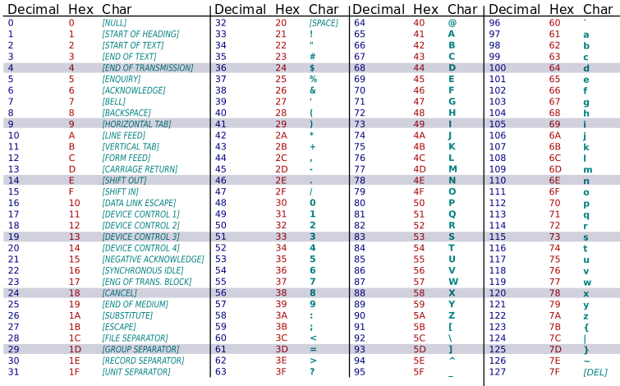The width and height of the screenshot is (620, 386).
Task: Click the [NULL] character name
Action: tap(114, 23)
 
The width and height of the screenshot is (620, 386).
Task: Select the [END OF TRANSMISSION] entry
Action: tap(147, 68)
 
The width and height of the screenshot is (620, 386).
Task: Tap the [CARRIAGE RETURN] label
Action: tap(140, 169)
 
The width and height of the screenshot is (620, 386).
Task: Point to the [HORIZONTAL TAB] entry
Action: tap(136, 124)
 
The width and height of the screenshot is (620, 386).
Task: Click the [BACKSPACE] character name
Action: tap(126, 113)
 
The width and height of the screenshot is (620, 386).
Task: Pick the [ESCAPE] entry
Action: tap(119, 327)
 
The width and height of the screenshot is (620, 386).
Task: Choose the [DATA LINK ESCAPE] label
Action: tap(138, 203)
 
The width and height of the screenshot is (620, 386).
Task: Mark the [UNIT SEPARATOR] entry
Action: tap(136, 372)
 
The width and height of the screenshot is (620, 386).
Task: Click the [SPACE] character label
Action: tap(324, 23)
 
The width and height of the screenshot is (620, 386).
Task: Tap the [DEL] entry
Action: tap(595, 372)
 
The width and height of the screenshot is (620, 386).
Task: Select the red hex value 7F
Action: tap(555, 372)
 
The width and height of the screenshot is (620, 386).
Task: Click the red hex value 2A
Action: tap(282, 136)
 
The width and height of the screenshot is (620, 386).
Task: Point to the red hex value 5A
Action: tap(420, 315)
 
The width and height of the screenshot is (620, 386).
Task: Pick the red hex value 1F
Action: tap(75, 372)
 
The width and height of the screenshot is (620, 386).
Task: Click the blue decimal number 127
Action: tap(498, 372)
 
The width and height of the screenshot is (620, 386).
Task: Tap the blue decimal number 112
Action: tap(498, 203)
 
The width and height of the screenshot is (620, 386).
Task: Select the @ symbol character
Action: tap(452, 23)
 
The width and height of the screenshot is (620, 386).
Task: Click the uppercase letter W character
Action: tap(452, 282)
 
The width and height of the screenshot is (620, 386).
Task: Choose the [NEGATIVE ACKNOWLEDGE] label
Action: tap(153, 260)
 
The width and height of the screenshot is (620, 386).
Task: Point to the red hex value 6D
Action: tap(555, 169)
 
